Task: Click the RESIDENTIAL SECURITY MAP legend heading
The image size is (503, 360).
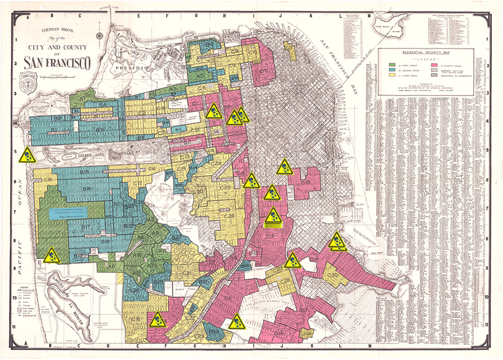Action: click(x=425, y=53)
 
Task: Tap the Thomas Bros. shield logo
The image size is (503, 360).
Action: click(x=29, y=83)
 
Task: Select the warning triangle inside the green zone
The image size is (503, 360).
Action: click(x=52, y=256)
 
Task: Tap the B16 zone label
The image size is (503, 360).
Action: click(x=87, y=189)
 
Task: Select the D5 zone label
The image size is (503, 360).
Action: click(x=263, y=71)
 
